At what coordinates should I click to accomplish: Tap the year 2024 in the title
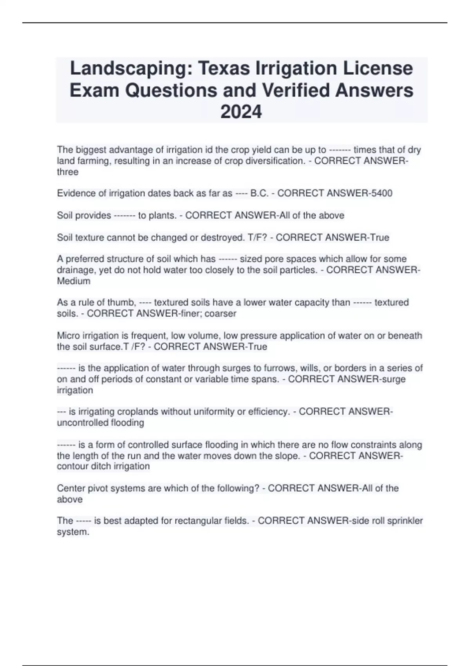coord(241,112)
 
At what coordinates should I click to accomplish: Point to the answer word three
coord(67,172)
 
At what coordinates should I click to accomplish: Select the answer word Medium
coord(74,281)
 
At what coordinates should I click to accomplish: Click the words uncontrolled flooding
coord(100,423)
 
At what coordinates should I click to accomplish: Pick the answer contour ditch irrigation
coord(103,466)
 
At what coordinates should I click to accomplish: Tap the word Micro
coord(68,336)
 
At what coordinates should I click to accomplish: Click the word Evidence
coord(75,193)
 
